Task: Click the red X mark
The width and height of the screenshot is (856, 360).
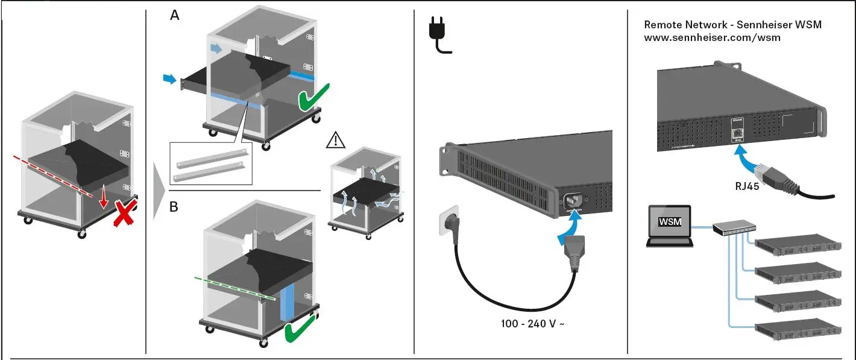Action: coord(124,214)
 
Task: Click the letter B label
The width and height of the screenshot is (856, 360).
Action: coord(174,207)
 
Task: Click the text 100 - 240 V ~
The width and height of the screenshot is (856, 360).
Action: coord(533,324)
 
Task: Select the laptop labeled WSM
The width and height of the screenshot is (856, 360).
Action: coord(669,226)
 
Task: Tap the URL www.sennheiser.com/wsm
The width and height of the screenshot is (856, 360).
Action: coord(712,37)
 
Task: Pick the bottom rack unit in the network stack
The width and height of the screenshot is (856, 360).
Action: coord(798,331)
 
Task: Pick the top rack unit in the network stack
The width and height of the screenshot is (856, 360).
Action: coord(798,244)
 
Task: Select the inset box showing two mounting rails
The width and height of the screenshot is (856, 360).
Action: coord(211,163)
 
